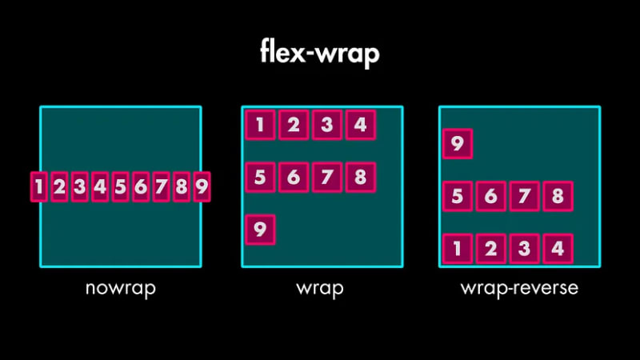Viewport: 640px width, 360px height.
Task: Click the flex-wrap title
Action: pos(319,53)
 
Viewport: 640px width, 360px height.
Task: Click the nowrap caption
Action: pos(120,288)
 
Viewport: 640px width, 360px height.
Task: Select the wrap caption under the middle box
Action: pos(320,288)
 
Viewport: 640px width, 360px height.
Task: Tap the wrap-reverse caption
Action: pos(519,288)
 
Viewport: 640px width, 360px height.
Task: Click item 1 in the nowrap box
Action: pos(38,187)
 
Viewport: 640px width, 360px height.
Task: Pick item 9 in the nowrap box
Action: pos(202,187)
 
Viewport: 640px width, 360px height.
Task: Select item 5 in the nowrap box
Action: pos(120,187)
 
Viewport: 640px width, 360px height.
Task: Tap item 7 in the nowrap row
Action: pos(161,187)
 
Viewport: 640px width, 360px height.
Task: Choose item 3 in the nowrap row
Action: pos(79,187)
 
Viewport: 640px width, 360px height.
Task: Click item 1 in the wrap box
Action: pos(260,125)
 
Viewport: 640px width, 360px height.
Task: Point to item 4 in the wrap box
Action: pos(360,125)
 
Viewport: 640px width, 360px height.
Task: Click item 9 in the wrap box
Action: pos(260,230)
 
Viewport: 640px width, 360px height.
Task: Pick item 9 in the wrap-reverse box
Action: pos(458,144)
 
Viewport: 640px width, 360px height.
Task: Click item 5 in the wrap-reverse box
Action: pos(458,196)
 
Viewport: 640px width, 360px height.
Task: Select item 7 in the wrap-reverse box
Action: pos(524,196)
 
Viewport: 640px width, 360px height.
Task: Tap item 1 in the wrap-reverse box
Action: pos(458,249)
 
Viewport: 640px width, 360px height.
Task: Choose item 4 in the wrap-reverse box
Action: pos(558,249)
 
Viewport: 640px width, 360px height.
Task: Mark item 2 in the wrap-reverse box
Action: pos(491,249)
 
